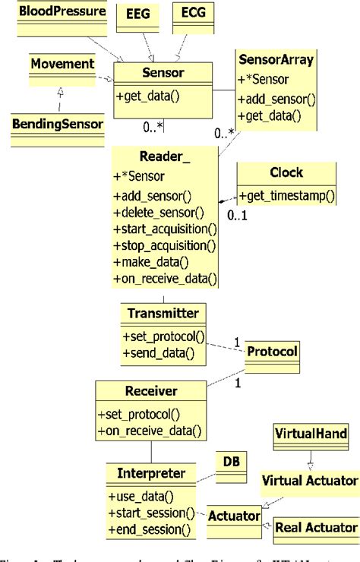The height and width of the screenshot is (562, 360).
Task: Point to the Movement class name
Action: [x=62, y=63]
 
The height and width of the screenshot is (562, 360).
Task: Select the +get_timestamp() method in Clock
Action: [x=286, y=195]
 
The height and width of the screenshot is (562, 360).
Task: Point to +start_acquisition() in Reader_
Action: [x=165, y=228]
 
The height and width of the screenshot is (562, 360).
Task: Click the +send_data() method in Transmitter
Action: [x=157, y=352]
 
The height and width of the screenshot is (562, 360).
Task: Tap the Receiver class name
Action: [x=151, y=391]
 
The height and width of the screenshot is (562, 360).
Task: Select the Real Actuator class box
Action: [x=315, y=528]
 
